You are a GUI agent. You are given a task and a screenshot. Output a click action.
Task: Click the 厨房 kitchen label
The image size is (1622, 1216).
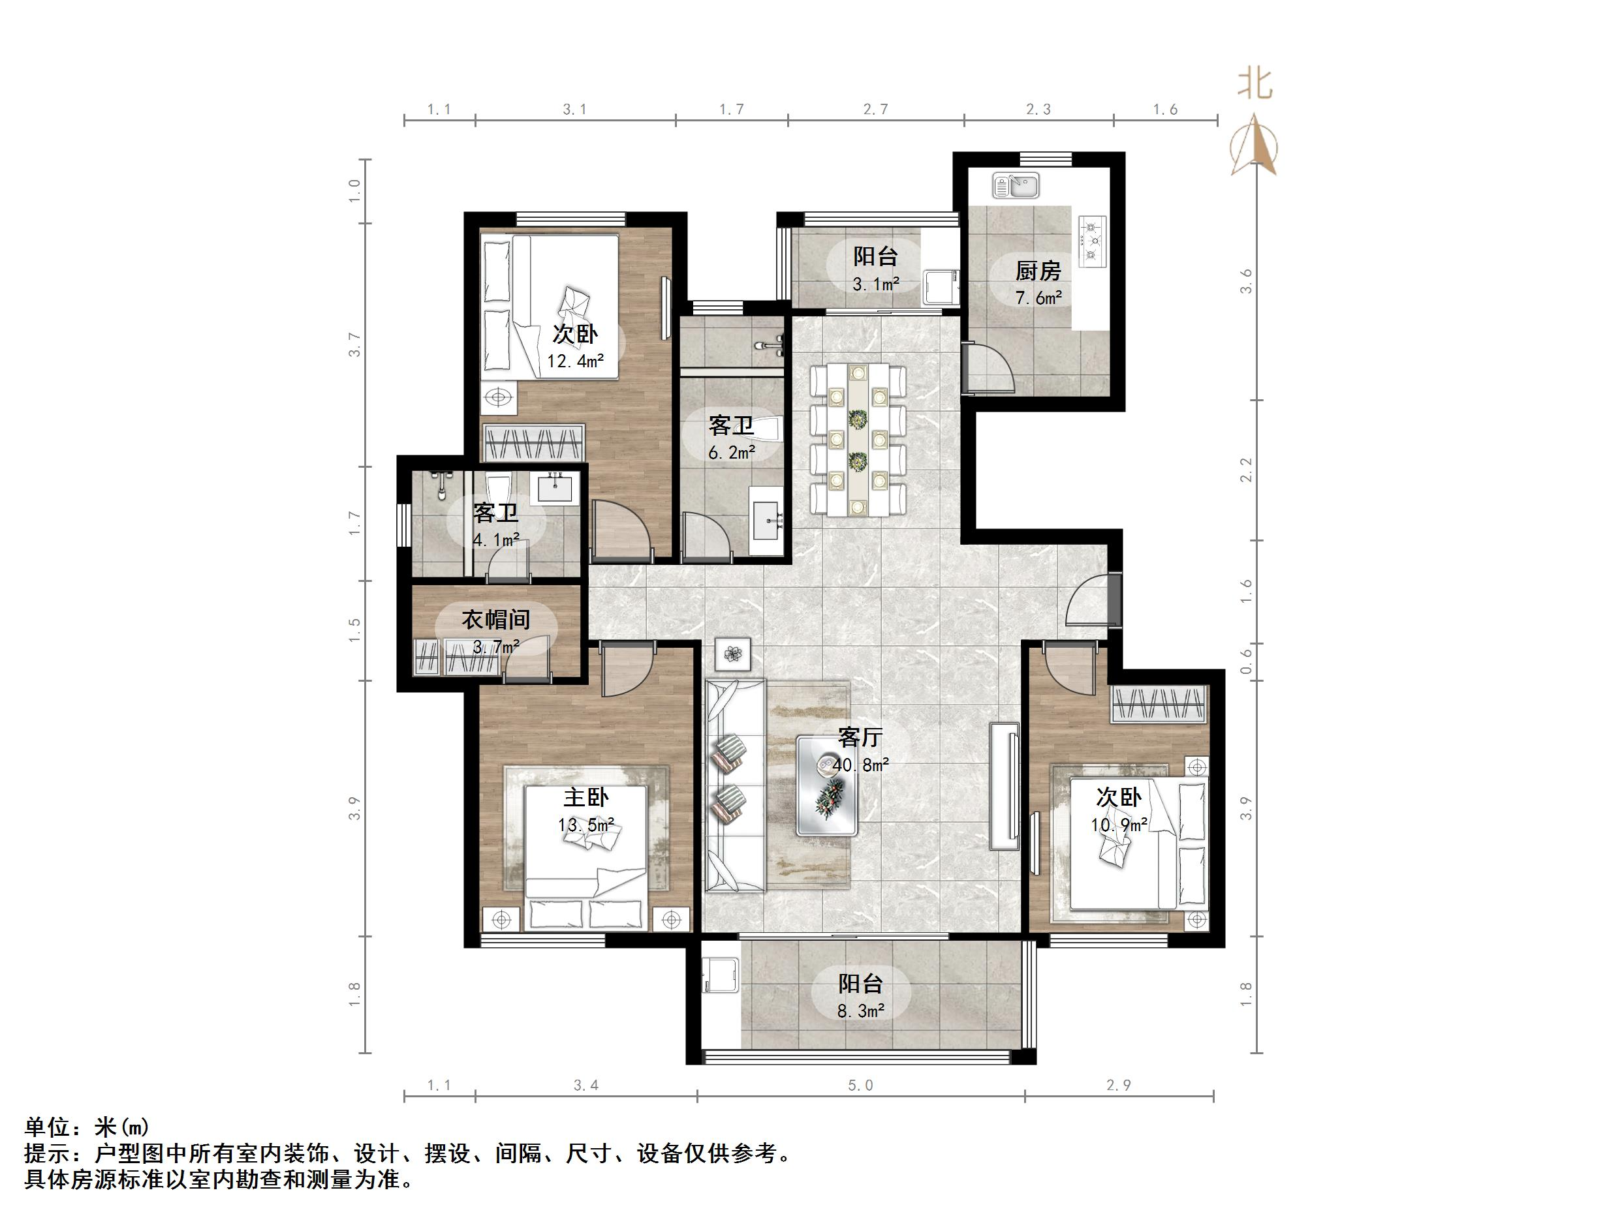[1038, 271]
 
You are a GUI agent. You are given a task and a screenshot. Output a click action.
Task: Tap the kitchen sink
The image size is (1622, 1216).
[1016, 185]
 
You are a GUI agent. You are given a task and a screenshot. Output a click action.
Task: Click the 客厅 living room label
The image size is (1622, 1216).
[860, 737]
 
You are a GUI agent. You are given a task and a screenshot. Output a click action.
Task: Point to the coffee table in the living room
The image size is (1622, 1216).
[827, 785]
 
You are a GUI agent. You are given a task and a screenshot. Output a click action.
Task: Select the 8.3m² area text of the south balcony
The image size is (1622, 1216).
[861, 1012]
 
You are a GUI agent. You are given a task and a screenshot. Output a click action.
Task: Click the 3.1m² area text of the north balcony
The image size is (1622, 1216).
[875, 284]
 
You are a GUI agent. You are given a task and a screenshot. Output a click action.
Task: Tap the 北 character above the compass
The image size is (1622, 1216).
[1255, 84]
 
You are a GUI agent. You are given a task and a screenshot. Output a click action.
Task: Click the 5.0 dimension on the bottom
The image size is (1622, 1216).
[860, 1085]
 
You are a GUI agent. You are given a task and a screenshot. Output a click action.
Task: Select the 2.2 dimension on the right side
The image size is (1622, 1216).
[1246, 469]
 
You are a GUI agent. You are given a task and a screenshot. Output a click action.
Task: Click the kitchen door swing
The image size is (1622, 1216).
[990, 370]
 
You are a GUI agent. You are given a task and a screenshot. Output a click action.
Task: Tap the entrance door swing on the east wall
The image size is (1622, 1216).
[1089, 600]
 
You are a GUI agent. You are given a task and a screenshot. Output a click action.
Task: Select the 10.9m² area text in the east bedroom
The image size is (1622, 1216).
[1118, 825]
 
